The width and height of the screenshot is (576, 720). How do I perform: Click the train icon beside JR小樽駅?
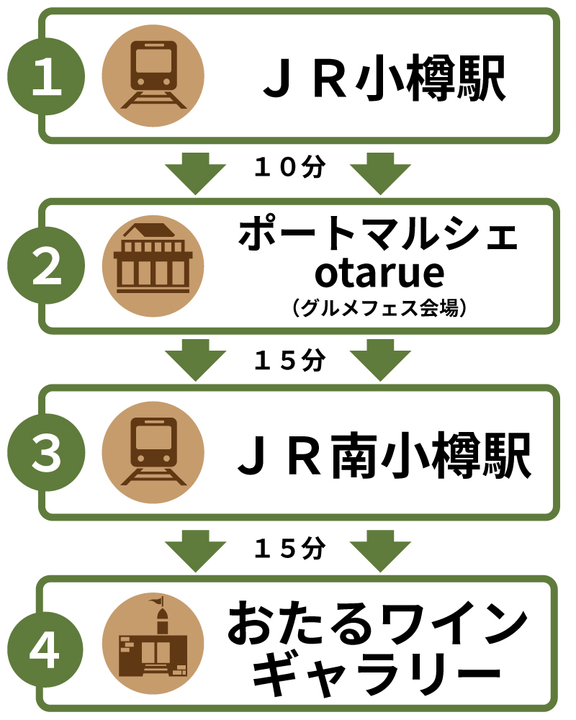click(x=153, y=76)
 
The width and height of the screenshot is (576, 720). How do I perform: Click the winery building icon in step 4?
click(x=153, y=643)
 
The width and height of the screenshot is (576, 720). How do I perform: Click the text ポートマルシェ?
click(x=378, y=235)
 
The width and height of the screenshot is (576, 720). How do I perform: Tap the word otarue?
click(x=379, y=274)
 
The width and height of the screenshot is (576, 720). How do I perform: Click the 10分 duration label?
click(x=290, y=168)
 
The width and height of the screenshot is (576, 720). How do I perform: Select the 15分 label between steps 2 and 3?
click(x=290, y=360)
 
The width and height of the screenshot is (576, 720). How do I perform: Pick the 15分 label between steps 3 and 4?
click(x=290, y=549)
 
